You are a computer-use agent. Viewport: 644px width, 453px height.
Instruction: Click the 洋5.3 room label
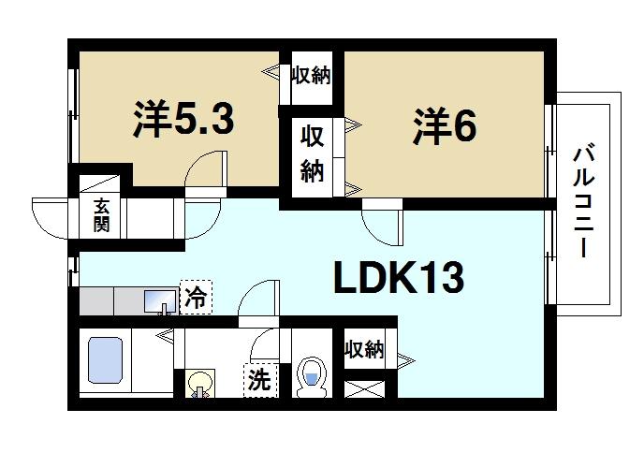(183, 120)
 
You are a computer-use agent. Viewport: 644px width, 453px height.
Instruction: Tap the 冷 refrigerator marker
(196, 299)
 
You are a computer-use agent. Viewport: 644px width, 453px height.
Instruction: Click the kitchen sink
(158, 301)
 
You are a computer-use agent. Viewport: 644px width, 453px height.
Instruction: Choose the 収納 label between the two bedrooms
(313, 155)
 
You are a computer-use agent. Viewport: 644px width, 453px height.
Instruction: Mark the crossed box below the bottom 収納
(365, 387)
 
